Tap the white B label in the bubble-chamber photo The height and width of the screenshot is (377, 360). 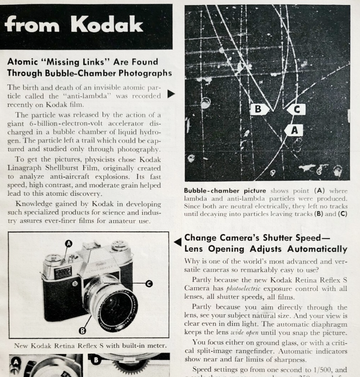point(258,109)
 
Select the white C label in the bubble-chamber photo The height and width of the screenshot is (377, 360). point(296,109)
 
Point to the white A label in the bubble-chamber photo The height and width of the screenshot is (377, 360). point(294,130)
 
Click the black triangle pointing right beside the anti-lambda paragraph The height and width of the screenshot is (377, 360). point(171,94)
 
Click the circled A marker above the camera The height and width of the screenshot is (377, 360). point(68,244)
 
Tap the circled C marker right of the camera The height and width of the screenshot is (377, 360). point(149,283)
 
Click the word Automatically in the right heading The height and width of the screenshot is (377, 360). point(317,249)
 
